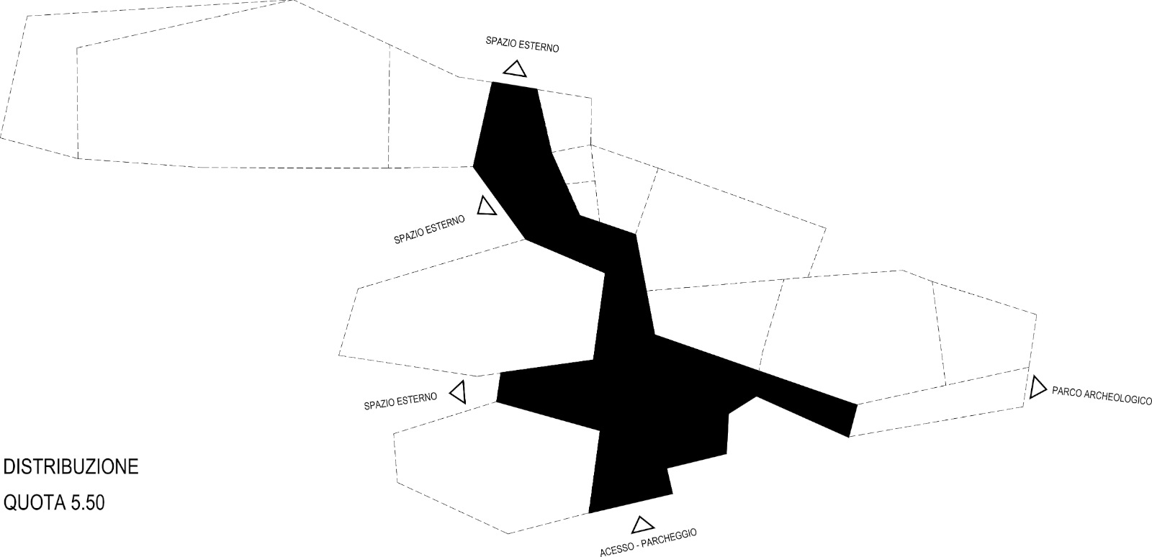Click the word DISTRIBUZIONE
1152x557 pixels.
(x=71, y=466)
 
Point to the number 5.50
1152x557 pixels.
(x=87, y=502)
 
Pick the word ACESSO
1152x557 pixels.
(x=614, y=550)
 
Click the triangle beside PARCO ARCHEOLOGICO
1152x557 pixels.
(x=1037, y=388)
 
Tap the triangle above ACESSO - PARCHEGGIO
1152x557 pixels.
(x=642, y=525)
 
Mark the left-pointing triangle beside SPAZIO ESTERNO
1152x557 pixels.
(x=458, y=393)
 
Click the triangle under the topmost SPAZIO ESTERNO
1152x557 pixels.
(x=515, y=69)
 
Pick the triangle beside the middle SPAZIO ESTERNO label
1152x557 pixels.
(x=486, y=207)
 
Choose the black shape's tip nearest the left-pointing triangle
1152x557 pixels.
(x=500, y=389)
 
